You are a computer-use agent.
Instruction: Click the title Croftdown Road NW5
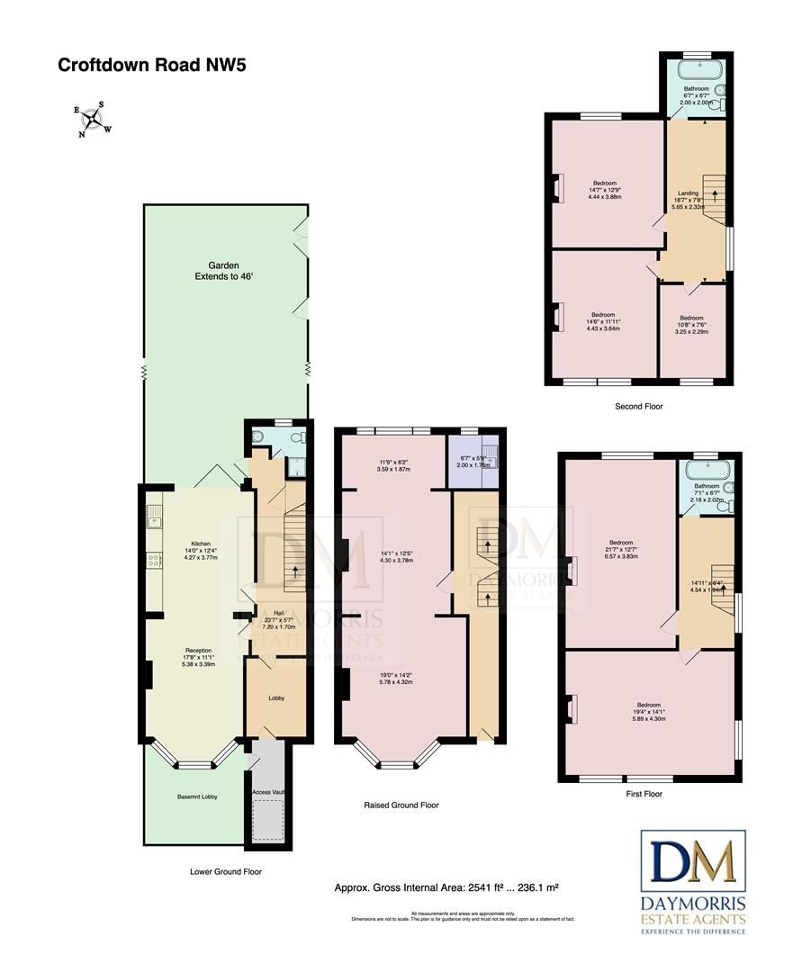tap(151, 65)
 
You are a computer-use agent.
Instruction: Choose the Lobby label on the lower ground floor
tap(277, 697)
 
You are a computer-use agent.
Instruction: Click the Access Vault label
tap(268, 792)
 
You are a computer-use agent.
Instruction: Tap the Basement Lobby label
tap(197, 796)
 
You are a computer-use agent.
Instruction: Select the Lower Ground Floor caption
tap(226, 871)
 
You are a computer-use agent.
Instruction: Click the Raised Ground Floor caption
tap(401, 805)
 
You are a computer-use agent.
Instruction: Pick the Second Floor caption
tap(639, 407)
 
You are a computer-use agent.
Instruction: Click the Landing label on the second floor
tap(688, 193)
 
